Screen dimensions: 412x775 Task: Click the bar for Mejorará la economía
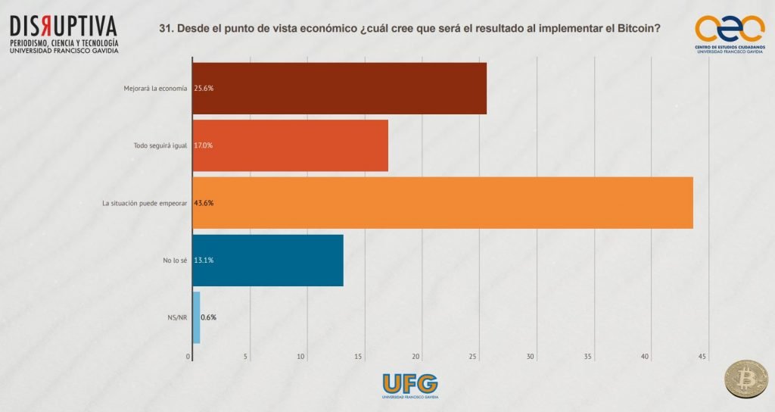pos(339,88)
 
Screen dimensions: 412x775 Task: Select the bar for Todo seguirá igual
pos(290,145)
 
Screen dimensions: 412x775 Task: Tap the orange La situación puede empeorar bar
pos(443,202)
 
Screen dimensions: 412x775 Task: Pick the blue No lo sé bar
pos(268,260)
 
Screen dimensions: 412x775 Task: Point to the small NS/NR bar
pos(196,317)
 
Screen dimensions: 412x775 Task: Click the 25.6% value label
pos(204,88)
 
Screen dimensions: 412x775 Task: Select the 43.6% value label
pos(204,203)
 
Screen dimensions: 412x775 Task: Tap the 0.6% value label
pos(208,317)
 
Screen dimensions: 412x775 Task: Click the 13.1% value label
pos(204,261)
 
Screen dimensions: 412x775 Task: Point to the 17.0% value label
pos(204,145)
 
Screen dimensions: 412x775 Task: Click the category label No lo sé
pos(175,261)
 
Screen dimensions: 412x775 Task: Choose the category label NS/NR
pos(176,317)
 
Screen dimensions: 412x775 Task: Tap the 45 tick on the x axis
pos(702,356)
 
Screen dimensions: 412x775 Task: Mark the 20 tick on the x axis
pos(416,356)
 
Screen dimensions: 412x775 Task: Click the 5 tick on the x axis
pos(246,356)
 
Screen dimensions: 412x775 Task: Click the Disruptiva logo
pos(64,33)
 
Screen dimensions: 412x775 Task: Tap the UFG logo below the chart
pos(410,385)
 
